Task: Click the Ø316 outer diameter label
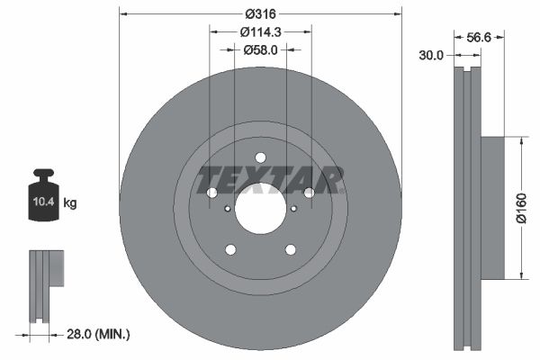coord(261,13)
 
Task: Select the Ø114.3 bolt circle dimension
coord(261,32)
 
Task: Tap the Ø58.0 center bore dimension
coord(261,50)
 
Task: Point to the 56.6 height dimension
coord(480,38)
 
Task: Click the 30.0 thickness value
coord(432,55)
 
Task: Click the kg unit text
coord(70,203)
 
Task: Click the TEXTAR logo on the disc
coord(270,179)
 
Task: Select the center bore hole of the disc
coord(260,208)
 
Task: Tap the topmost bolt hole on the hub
coord(260,157)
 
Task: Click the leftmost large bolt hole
coord(212,193)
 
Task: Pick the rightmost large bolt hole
coord(309,193)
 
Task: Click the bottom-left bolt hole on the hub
coord(230,249)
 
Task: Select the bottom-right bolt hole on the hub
coord(291,249)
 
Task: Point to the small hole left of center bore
coord(227,209)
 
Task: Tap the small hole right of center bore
coord(294,209)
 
